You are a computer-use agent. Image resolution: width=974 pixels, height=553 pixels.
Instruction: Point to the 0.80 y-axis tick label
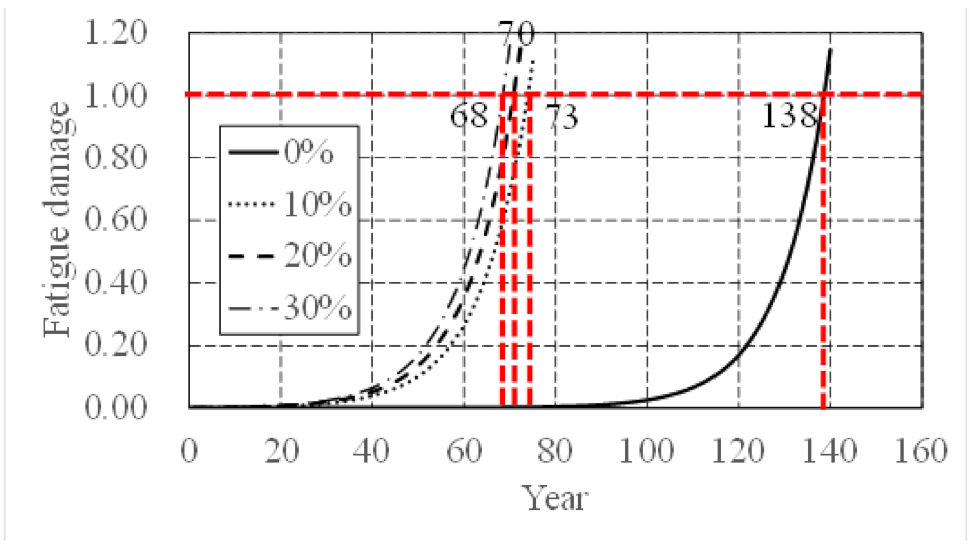click(x=115, y=157)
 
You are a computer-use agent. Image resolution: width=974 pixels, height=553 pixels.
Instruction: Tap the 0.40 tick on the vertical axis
click(x=115, y=282)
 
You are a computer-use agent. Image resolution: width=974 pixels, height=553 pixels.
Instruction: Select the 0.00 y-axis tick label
click(x=115, y=407)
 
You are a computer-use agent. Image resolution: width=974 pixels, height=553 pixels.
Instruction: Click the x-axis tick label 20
click(x=281, y=451)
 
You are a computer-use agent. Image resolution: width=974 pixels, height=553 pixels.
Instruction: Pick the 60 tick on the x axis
click(x=464, y=451)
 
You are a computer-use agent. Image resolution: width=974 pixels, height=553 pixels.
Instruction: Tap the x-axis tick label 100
click(x=646, y=451)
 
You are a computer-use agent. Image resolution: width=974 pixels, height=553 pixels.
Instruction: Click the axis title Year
click(x=554, y=499)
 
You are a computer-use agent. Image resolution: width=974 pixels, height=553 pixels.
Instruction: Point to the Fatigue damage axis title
click(x=56, y=220)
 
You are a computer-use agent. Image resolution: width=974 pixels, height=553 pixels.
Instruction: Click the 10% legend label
click(x=317, y=204)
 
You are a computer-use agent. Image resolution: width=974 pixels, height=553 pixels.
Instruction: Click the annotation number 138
click(x=789, y=116)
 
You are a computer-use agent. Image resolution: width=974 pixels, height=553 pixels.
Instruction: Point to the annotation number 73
click(x=562, y=117)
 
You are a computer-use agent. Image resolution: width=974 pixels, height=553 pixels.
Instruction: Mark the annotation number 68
click(x=469, y=116)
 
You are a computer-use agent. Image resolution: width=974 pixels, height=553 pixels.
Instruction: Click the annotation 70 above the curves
click(x=516, y=34)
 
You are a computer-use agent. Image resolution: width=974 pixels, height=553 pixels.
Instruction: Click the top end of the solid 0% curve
click(x=830, y=49)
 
